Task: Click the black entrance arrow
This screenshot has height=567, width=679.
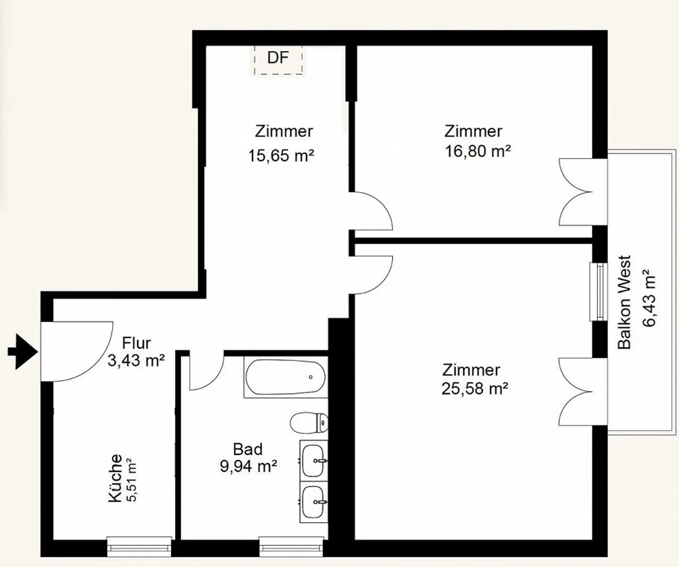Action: [x=23, y=352]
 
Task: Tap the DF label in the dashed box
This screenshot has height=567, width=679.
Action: [x=278, y=58]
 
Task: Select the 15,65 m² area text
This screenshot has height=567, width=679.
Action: [x=282, y=156]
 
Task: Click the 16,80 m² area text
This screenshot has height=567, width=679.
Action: [x=478, y=151]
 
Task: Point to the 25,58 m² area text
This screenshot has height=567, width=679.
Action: [x=475, y=388]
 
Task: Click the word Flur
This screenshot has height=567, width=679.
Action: [x=137, y=343]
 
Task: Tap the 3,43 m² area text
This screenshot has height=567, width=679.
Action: [x=136, y=361]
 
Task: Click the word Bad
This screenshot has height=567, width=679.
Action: [x=248, y=449]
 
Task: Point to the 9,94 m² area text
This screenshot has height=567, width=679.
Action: [x=248, y=467]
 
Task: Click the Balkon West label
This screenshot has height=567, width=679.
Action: [x=624, y=303]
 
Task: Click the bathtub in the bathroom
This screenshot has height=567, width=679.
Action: [x=286, y=377]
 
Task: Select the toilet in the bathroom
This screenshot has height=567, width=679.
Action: [x=309, y=423]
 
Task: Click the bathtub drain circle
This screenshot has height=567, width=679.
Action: [x=311, y=377]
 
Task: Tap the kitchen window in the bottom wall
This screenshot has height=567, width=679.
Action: [x=139, y=547]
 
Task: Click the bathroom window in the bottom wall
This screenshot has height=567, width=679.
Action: [x=291, y=547]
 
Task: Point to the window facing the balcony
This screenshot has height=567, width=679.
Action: [x=599, y=292]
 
